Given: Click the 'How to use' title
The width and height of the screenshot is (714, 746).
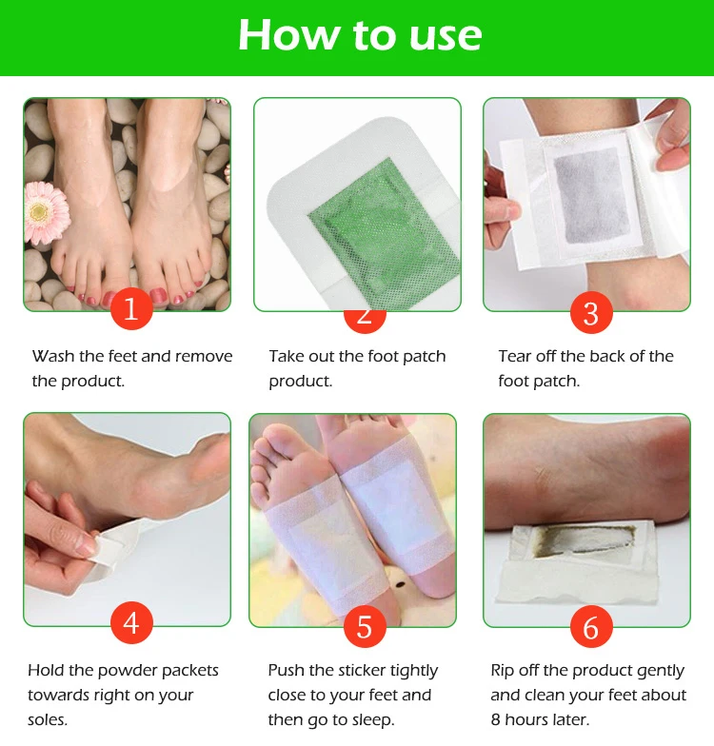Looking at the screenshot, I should point(359,35).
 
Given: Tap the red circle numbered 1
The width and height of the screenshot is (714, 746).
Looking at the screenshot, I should point(131,311).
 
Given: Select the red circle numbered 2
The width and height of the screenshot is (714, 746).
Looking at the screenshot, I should point(363,311).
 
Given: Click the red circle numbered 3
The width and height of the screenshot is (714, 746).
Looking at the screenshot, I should point(591,311).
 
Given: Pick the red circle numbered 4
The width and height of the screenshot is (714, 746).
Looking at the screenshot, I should point(131,624).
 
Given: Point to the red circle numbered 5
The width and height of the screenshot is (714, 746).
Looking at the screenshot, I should point(363,627).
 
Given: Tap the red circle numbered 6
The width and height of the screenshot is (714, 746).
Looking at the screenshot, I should point(591,627).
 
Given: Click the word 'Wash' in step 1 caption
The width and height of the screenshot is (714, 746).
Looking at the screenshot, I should point(52,357).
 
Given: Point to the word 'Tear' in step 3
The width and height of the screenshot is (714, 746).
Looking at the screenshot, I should point(517,357).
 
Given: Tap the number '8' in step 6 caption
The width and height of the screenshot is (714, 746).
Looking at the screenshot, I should point(496,720).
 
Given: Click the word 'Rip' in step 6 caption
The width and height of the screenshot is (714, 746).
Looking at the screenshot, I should point(504,671).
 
